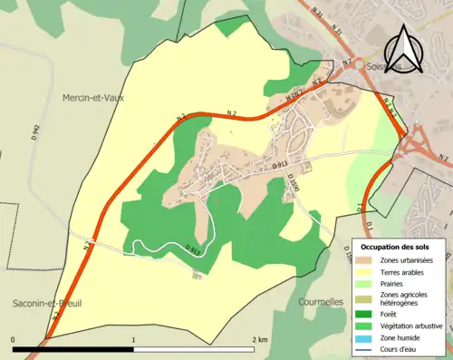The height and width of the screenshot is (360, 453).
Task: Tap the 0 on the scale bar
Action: coord(14,339)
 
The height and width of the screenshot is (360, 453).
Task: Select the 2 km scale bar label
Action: coord(260,339)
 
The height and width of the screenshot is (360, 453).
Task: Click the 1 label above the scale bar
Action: coord(134,339)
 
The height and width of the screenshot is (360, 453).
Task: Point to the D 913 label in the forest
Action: coord(193,248)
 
